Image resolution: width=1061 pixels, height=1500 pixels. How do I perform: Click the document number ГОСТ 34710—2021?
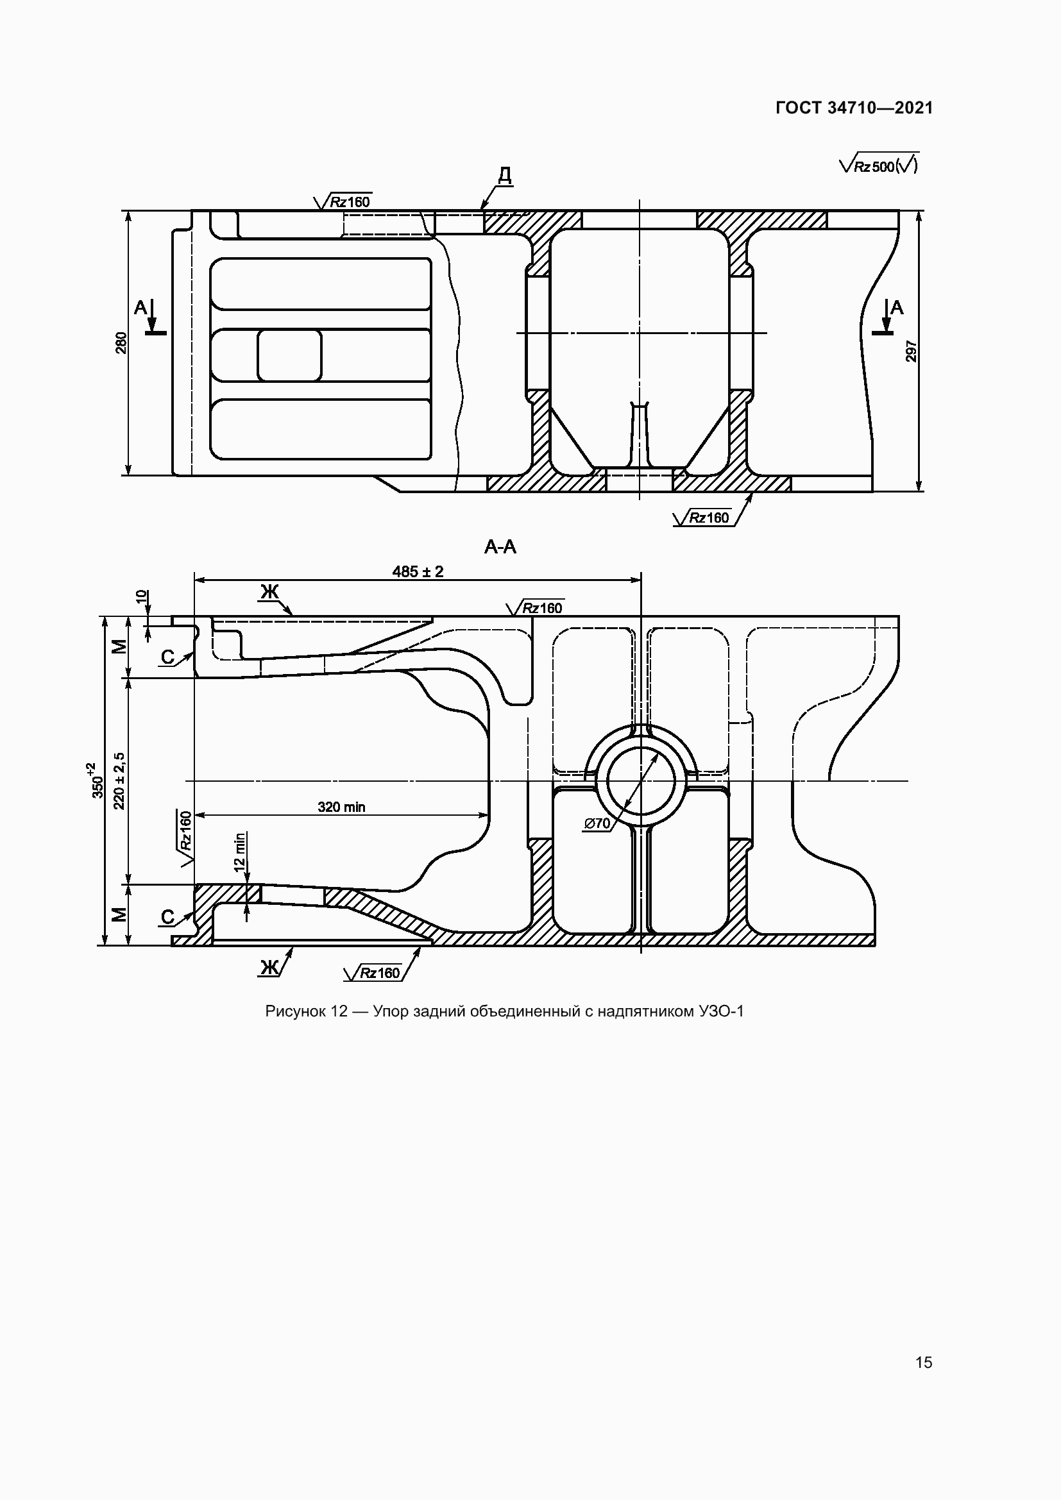tap(854, 108)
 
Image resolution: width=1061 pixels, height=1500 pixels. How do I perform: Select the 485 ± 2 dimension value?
tap(418, 571)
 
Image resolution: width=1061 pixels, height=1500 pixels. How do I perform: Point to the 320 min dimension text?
tap(342, 807)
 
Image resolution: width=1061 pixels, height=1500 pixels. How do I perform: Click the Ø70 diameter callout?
tap(597, 824)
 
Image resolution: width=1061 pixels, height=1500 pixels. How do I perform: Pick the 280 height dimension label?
tap(121, 344)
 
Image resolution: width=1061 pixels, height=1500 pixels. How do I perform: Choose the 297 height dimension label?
tap(912, 351)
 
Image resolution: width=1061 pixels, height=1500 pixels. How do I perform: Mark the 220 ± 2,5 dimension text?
tap(119, 780)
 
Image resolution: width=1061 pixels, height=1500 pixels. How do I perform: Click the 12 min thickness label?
tap(240, 850)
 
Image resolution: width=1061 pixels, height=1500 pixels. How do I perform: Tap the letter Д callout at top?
tap(504, 175)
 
